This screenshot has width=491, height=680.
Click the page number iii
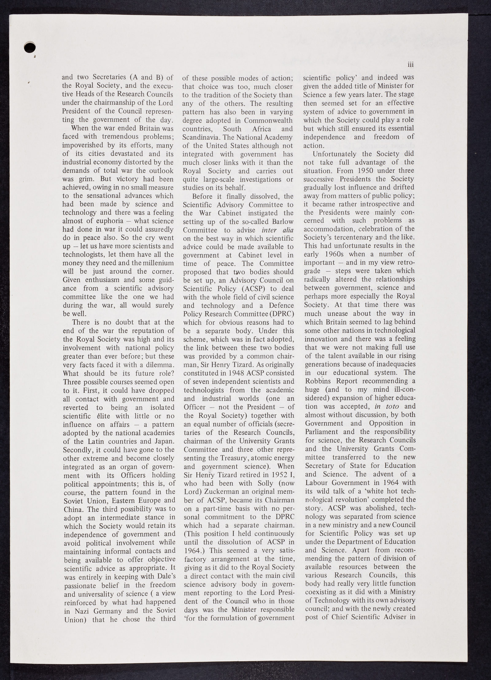(x=411, y=65)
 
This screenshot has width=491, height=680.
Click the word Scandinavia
(x=201, y=137)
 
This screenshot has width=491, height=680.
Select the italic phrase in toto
(x=386, y=406)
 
